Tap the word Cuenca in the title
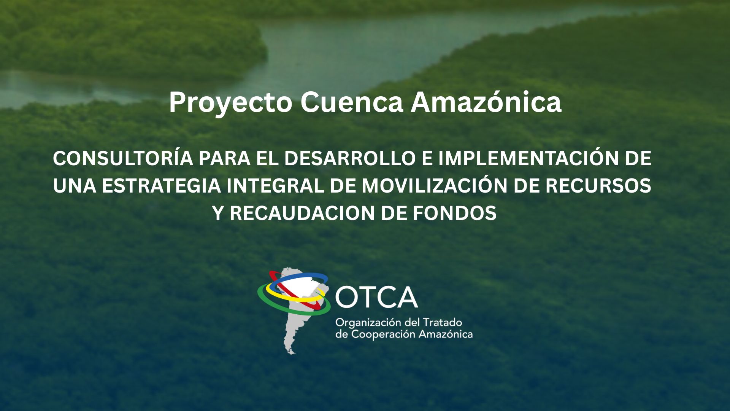pyautogui.click(x=352, y=102)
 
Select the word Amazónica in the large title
pyautogui.click(x=486, y=102)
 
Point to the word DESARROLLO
pyautogui.click(x=349, y=159)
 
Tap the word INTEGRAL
pyautogui.click(x=275, y=186)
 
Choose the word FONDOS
pyautogui.click(x=455, y=213)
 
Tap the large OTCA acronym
pyautogui.click(x=376, y=297)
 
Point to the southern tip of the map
pyautogui.click(x=292, y=353)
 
